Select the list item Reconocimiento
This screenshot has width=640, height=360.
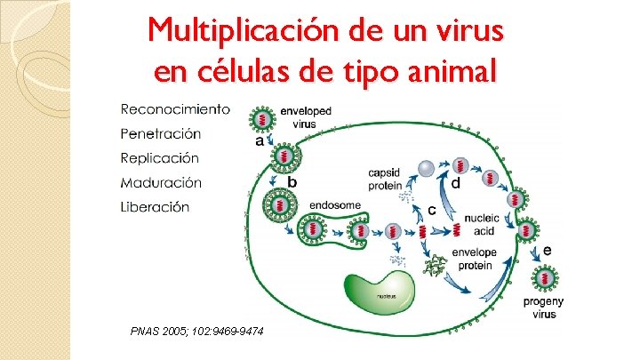tap(175, 110)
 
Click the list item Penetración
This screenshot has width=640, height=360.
tap(161, 134)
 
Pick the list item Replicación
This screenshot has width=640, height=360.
tap(160, 158)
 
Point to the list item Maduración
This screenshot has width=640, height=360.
tap(161, 182)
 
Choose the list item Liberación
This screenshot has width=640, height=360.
tap(156, 206)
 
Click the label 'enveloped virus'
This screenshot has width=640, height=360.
tap(305, 118)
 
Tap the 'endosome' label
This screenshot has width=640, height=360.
tap(334, 205)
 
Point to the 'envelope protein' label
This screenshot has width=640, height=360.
tap(474, 258)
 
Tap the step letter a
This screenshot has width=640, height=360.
tap(260, 140)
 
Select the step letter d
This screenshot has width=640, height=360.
tap(455, 183)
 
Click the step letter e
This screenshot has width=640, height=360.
tap(547, 251)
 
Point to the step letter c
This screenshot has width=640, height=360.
tap(431, 211)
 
